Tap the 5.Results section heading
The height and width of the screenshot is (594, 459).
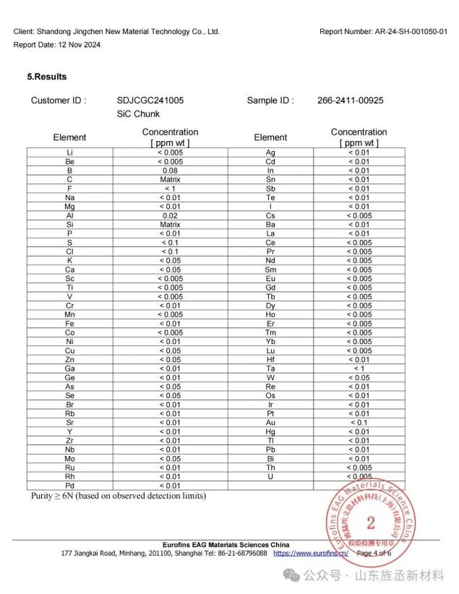[47, 77]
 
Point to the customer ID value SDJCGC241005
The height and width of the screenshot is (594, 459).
[150, 100]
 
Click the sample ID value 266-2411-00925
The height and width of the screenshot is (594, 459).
[350, 100]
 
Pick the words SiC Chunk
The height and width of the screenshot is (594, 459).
[138, 114]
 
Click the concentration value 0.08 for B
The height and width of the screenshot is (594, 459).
[170, 171]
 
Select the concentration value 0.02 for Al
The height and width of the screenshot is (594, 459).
[170, 215]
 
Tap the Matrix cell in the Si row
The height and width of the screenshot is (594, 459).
[170, 225]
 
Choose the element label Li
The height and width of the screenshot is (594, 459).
[69, 152]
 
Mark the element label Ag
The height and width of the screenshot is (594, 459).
[270, 152]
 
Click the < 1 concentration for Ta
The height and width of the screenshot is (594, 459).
[359, 369]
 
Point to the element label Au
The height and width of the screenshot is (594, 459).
[270, 423]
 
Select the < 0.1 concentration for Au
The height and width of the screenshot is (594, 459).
[359, 423]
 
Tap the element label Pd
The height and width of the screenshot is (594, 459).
[69, 486]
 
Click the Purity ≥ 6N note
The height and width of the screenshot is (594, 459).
[118, 496]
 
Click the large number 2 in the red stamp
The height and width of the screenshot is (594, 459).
[371, 522]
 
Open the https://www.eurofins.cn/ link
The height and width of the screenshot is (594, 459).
[311, 553]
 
